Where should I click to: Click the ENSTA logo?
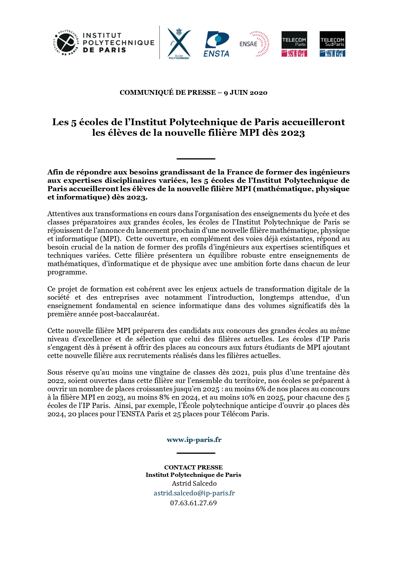tap(217, 44)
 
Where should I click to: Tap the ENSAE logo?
tap(255, 44)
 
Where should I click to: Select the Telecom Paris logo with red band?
tap(294, 44)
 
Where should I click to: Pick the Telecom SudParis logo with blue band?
tap(332, 44)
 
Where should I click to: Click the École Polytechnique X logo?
tap(179, 43)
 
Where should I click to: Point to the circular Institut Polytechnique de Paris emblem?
tap(66, 43)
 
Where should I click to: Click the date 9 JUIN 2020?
tap(246, 93)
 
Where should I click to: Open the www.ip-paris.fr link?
tap(194, 440)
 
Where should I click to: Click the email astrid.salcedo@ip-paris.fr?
tap(194, 493)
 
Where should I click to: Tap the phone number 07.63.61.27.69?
tap(193, 503)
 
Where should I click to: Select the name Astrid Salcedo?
tap(194, 484)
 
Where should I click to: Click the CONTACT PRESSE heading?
tap(193, 467)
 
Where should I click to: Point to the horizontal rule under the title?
tap(196, 159)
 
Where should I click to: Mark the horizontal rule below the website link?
tap(196, 453)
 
